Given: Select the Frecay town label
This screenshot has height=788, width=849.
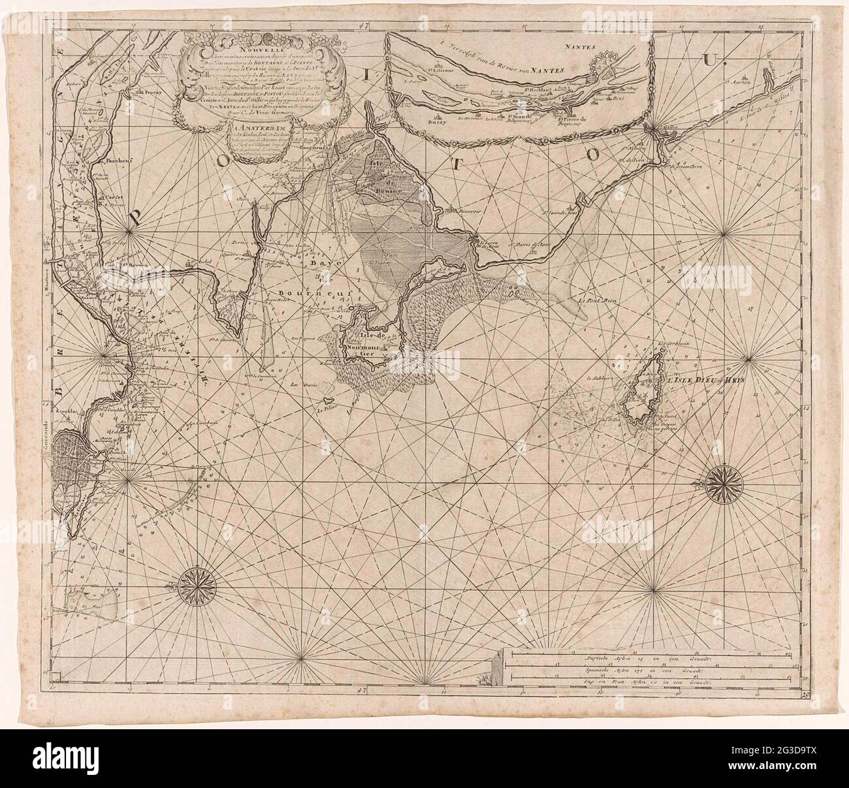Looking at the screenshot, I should point(148,92).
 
